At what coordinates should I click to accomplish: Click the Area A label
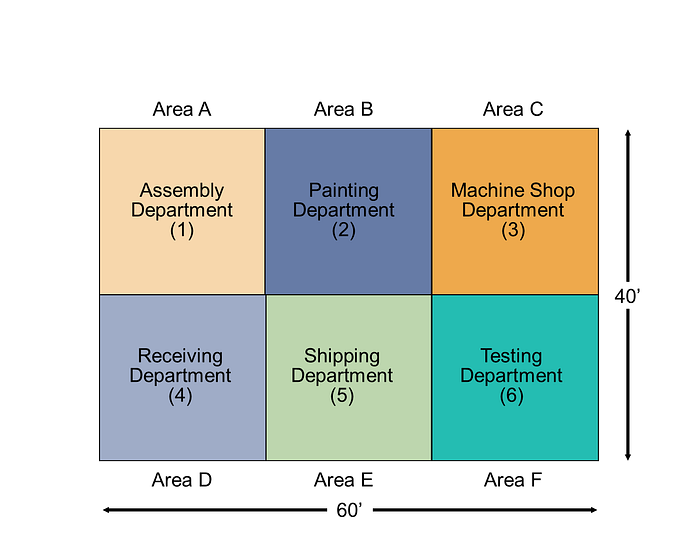click(182, 109)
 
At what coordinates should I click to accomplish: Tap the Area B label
click(343, 109)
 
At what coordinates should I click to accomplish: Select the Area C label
click(513, 109)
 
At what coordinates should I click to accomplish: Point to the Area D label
click(182, 480)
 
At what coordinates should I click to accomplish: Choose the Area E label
click(343, 480)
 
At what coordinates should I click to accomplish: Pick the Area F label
click(513, 480)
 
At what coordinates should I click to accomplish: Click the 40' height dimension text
click(627, 296)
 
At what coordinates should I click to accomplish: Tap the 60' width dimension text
click(349, 510)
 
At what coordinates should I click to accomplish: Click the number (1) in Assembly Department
click(182, 230)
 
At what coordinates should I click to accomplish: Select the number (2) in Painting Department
click(343, 230)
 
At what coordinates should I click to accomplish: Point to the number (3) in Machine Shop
click(513, 230)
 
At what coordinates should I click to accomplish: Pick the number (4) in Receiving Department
click(180, 396)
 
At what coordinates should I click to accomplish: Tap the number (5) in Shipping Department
click(342, 396)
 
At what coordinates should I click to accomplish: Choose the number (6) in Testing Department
click(512, 396)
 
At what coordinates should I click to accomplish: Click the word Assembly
click(182, 191)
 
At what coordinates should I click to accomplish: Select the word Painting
click(344, 191)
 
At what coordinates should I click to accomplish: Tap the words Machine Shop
click(513, 191)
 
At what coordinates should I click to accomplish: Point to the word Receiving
click(180, 356)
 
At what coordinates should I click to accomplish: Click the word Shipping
click(342, 356)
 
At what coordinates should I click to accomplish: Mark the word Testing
click(512, 356)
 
